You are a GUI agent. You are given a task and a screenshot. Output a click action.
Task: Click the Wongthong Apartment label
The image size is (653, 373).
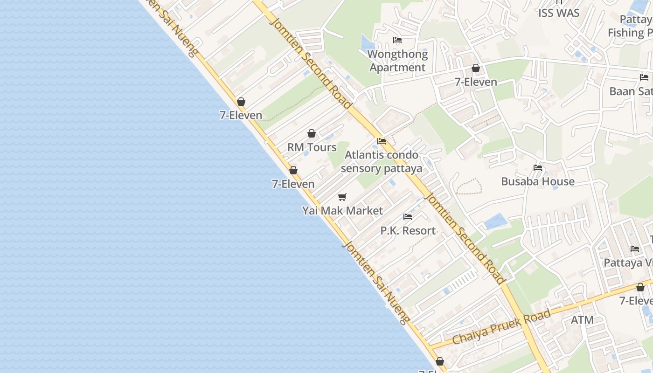pos(397,61)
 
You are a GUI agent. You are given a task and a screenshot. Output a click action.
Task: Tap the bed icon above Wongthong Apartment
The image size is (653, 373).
pos(397,40)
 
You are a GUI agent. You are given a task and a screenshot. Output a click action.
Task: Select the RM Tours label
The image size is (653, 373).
pos(312,147)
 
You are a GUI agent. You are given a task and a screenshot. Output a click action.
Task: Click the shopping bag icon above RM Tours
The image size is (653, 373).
pos(312,134)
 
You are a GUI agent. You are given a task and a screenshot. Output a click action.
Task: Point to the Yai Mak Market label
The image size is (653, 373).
pos(342,211)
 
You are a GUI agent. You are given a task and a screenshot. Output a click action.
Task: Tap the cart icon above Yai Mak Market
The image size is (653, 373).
pos(342,197)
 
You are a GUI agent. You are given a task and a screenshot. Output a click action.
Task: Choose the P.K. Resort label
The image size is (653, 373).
pos(408,230)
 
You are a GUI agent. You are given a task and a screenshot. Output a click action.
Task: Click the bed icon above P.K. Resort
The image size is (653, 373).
pos(408,217)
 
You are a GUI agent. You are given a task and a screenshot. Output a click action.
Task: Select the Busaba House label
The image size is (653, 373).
pos(538,181)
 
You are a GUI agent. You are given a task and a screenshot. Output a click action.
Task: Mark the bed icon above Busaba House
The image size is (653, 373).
pos(538,168)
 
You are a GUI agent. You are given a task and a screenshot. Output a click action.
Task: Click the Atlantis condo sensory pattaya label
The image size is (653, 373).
pos(382,161)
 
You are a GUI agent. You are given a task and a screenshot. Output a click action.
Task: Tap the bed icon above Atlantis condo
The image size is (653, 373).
pos(382,141)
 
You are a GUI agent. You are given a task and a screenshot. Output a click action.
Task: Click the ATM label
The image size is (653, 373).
pos(582,320)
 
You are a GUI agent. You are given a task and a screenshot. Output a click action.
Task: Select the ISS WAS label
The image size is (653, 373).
pos(559,13)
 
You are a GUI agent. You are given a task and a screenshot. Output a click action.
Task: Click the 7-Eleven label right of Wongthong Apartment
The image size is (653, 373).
pos(476,82)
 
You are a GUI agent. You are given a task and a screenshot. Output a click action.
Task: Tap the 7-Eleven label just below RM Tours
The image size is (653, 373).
pos(293,184)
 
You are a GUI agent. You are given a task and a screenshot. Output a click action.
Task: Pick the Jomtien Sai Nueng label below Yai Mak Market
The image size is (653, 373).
pos(376,282)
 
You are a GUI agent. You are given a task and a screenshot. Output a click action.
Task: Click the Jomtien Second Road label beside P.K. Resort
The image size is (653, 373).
pos(466,238)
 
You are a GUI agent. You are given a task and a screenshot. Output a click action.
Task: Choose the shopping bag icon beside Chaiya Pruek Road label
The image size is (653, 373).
pos(640,287)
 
